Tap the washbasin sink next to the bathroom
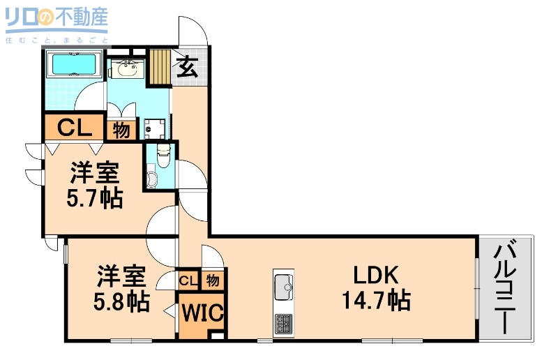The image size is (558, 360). click(128, 69)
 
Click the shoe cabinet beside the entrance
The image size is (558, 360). click(160, 67)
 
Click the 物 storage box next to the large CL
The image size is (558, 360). click(121, 129)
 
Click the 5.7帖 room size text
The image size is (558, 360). click(94, 200)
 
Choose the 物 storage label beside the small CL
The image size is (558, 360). click(213, 280)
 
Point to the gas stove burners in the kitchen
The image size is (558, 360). click(285, 324)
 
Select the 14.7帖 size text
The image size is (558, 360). click(375, 301)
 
